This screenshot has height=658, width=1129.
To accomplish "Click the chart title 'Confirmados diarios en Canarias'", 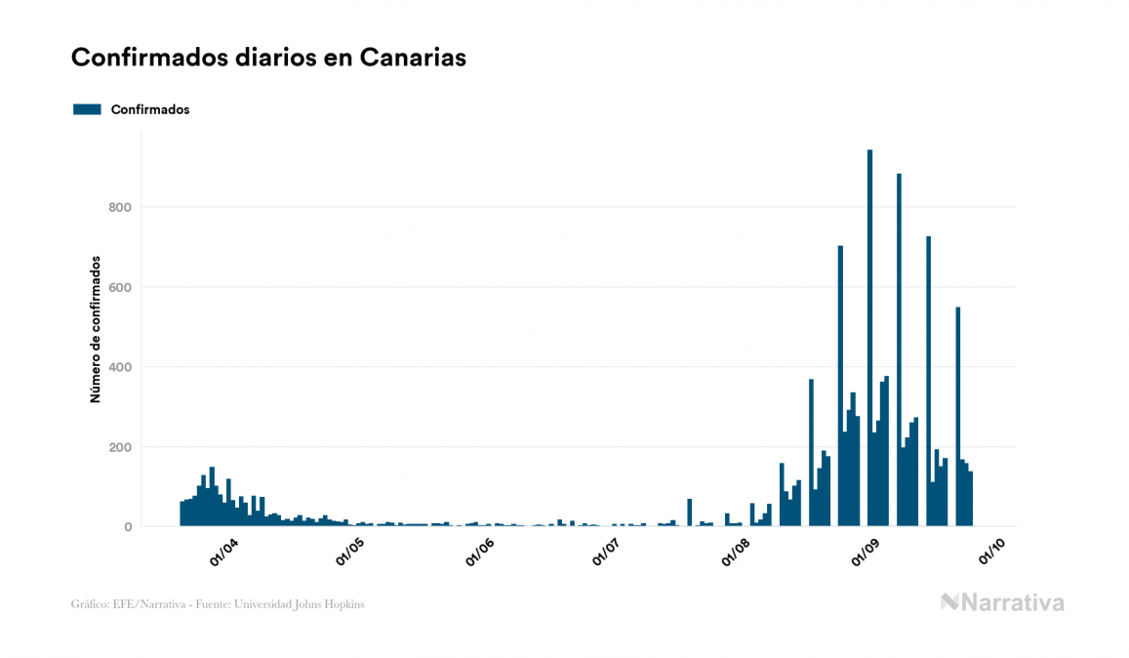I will [268, 58].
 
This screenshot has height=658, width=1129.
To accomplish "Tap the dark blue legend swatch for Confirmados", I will [87, 109].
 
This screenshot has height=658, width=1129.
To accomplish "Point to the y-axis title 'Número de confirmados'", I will [96, 329].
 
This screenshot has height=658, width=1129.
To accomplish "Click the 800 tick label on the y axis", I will [120, 207].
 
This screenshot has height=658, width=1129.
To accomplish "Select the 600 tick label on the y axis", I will [120, 287].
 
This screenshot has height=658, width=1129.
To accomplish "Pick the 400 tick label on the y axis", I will [120, 367].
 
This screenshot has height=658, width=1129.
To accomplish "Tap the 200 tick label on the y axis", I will [120, 447].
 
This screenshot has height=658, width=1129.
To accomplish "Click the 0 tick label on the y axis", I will [127, 527].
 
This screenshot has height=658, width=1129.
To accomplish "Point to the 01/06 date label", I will [480, 553].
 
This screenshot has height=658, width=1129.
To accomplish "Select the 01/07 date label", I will [607, 553].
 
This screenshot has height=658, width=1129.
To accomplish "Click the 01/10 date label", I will [993, 553].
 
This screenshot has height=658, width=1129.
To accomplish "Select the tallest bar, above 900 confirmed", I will [869, 342].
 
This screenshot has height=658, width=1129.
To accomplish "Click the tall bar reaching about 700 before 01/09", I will [840, 391].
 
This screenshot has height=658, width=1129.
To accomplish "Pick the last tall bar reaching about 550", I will [958, 420].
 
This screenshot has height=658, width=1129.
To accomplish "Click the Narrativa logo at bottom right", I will [1002, 602].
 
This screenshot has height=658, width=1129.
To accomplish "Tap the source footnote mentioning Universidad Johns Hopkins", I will [218, 604].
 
